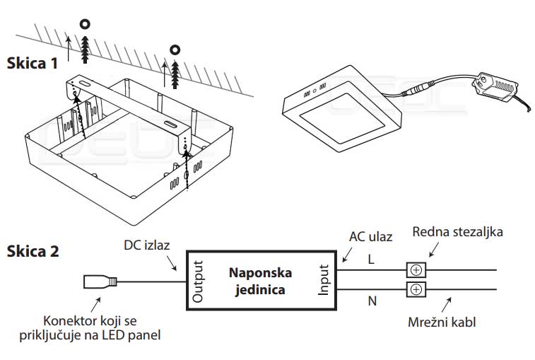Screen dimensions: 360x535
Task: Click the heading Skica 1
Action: click(x=32, y=63)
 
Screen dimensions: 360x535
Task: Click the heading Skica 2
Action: click(x=33, y=251)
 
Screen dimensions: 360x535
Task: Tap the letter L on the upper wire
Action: click(x=371, y=260)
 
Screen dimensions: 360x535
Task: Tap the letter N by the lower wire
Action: click(x=371, y=300)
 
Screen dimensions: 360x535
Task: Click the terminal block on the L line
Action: click(x=416, y=269)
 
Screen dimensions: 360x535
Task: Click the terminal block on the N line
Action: click(x=416, y=289)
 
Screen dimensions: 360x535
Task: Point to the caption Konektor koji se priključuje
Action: click(x=102, y=327)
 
